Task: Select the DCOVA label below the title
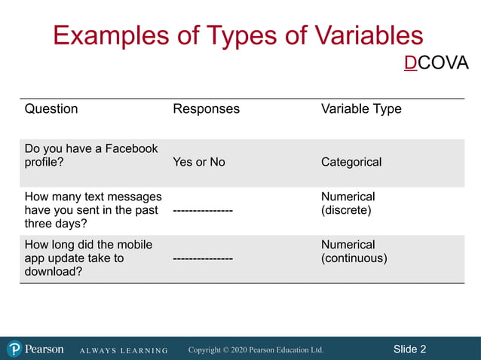(x=436, y=63)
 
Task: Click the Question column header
(x=51, y=108)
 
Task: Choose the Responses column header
(x=206, y=108)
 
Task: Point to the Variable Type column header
(x=361, y=108)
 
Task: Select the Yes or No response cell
(x=199, y=162)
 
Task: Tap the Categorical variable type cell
(x=351, y=162)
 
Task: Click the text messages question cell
(x=93, y=210)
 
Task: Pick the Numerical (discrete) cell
(x=348, y=203)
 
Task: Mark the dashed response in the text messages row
(x=203, y=211)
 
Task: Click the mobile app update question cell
(x=88, y=258)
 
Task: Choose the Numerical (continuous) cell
(x=354, y=252)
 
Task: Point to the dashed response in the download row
(x=203, y=259)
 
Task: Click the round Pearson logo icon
(x=14, y=349)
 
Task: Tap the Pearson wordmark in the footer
(x=44, y=349)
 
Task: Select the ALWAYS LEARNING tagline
(x=124, y=350)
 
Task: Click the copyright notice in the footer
(x=256, y=349)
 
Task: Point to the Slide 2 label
(x=409, y=349)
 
